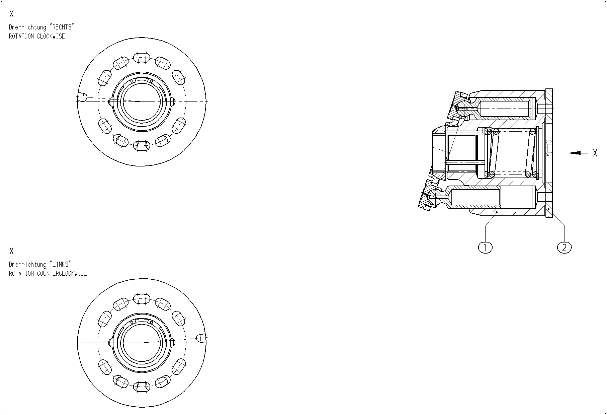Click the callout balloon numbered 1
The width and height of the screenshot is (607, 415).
click(485, 248)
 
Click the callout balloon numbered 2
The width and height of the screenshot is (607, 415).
click(565, 248)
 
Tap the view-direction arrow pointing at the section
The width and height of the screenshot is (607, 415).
click(579, 153)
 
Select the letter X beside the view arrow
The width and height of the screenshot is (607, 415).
click(595, 153)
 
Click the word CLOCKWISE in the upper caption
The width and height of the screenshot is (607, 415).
click(51, 36)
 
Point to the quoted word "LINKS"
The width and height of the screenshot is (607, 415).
click(60, 264)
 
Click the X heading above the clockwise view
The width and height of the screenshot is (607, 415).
click(12, 14)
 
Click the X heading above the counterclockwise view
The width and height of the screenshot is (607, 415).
click(12, 251)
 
